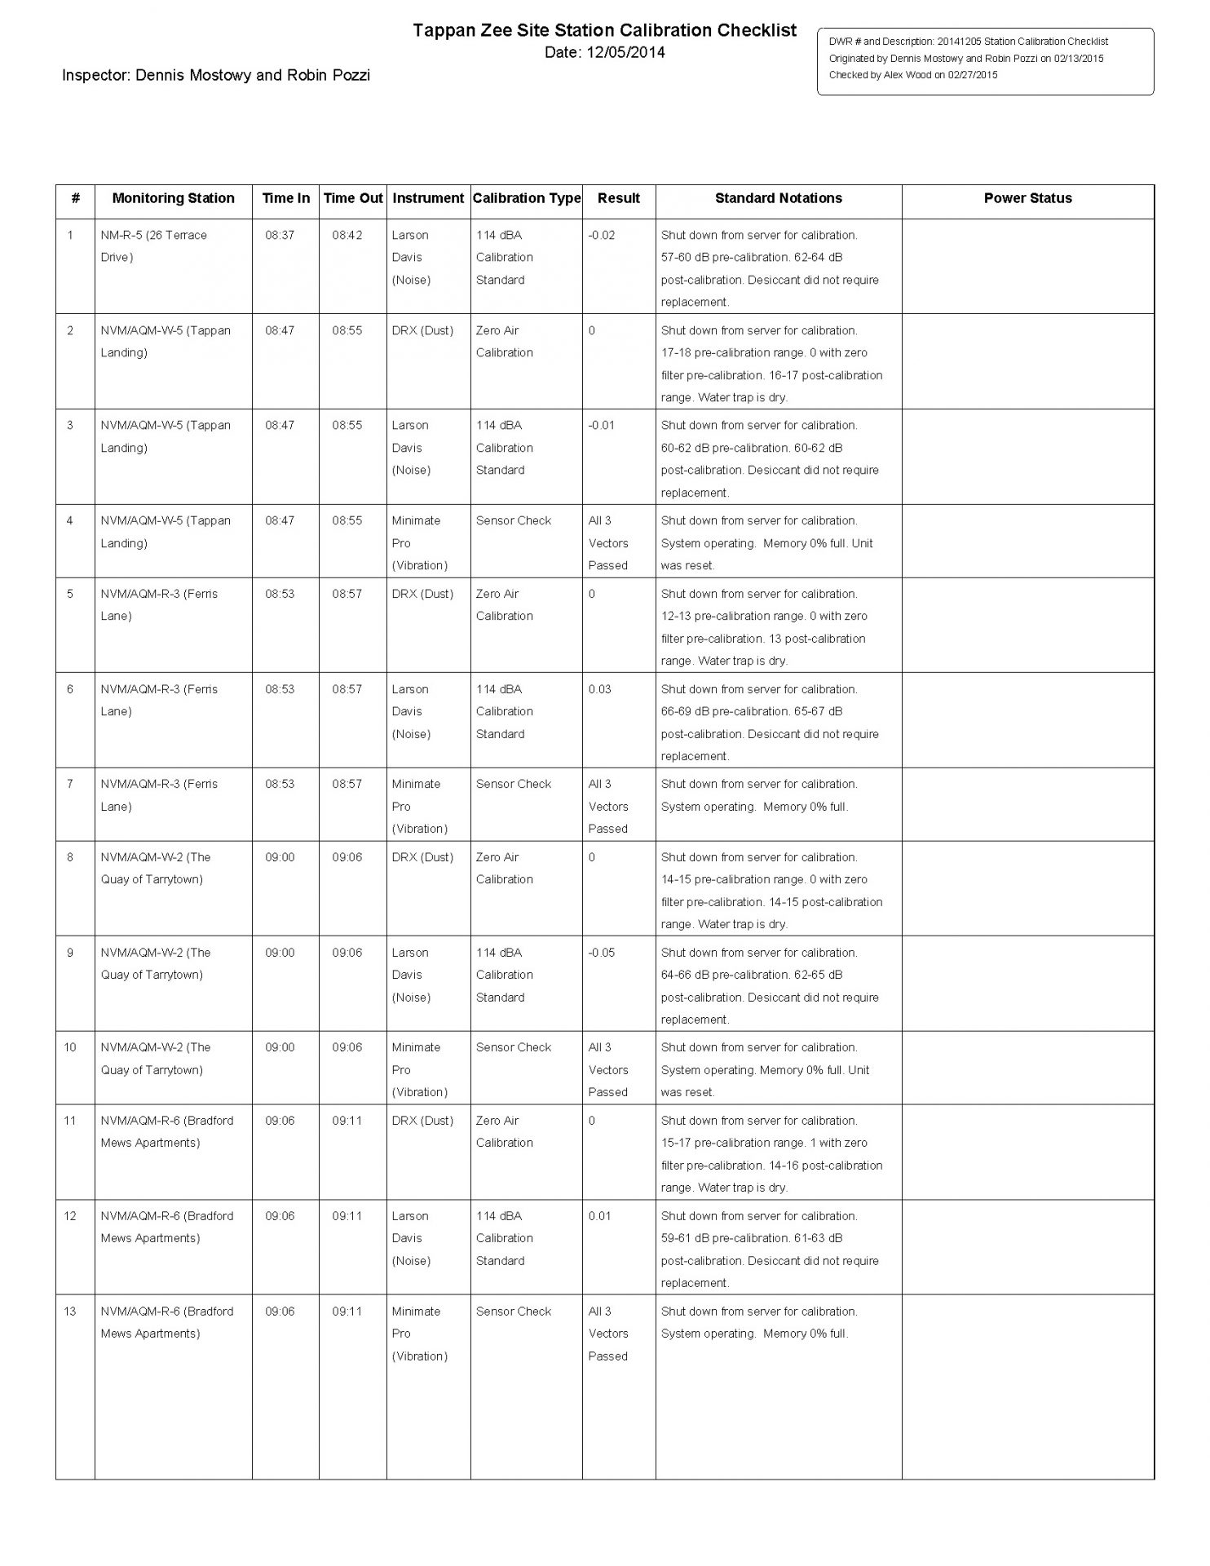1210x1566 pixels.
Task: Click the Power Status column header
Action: point(1027,198)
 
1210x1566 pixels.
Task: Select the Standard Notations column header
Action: point(778,198)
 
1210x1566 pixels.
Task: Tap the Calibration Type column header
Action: point(527,198)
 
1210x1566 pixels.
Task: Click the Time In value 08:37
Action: point(280,235)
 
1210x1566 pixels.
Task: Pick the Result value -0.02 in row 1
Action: point(602,235)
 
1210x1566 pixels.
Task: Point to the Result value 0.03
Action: point(599,689)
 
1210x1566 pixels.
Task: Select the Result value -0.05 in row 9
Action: point(602,953)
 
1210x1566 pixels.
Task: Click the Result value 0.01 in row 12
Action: point(599,1216)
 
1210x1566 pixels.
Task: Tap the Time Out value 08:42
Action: point(347,235)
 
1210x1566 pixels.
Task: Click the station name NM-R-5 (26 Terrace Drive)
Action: point(153,246)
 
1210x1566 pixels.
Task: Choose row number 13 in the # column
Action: point(70,1312)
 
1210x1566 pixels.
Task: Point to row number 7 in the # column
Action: point(70,784)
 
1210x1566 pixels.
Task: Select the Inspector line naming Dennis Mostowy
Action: point(216,76)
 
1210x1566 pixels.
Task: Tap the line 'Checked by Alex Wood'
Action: point(913,75)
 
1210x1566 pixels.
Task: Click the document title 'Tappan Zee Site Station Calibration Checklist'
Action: point(604,31)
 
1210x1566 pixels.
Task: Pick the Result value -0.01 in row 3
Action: point(602,425)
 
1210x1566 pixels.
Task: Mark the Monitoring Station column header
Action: point(173,198)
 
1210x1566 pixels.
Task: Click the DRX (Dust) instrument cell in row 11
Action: point(422,1121)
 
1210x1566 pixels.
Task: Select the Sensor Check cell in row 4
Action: point(514,520)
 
